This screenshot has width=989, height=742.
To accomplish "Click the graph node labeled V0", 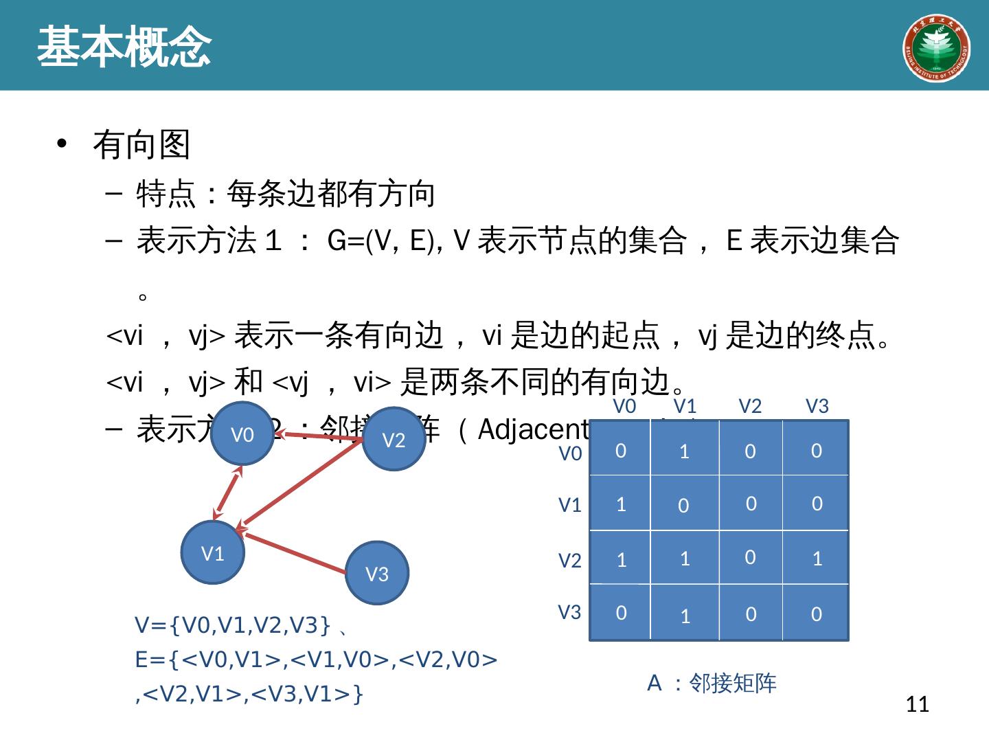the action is tap(242, 434).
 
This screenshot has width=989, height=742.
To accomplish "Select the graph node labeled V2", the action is tap(394, 440).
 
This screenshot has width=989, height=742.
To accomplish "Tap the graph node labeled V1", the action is tap(213, 552).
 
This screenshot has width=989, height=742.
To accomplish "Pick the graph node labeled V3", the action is tap(377, 573).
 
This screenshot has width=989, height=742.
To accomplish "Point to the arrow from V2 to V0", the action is tap(319, 435).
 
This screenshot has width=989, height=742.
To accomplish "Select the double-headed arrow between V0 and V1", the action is tap(227, 492).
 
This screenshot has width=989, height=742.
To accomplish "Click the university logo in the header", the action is tap(935, 47).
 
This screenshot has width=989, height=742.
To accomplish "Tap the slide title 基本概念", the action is tap(124, 47).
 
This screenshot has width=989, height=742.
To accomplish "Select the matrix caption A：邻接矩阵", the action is tap(712, 683).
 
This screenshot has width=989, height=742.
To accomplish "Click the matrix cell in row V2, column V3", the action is tap(817, 558).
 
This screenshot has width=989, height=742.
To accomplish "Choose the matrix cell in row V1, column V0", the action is tap(621, 504).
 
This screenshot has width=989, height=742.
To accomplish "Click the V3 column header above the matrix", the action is tap(817, 407).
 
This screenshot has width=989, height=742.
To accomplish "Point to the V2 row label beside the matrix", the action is tap(570, 561).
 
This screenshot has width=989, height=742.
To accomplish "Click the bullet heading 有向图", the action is tap(141, 144).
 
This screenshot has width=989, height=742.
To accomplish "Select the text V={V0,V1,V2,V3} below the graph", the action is tap(234, 625).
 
